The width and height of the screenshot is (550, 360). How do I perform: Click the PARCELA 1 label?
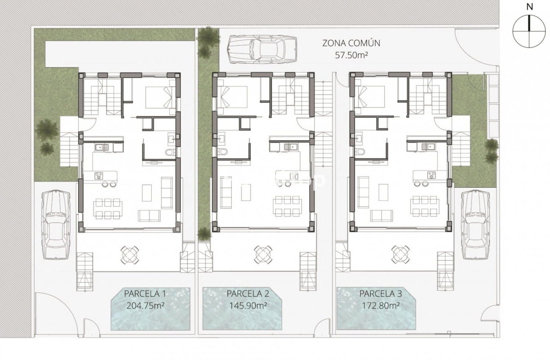(145, 293)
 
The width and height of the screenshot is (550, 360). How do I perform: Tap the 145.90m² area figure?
(248, 306)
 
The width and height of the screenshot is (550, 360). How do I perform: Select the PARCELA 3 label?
(381, 293)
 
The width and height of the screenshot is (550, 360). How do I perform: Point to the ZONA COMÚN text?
(351, 43)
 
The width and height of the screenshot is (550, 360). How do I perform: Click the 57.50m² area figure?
(351, 55)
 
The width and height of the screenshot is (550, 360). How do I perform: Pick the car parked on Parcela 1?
(56, 225)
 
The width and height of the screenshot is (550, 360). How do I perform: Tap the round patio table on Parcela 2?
(263, 255)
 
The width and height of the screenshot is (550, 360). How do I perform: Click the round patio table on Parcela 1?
(130, 255)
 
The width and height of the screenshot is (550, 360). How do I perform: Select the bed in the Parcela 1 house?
(160, 97)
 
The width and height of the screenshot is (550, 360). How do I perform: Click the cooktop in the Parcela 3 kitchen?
(431, 175)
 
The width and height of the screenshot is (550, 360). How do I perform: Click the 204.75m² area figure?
(145, 306)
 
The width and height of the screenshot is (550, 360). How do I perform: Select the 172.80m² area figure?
(381, 306)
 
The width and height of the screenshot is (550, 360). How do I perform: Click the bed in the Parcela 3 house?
(369, 97)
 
